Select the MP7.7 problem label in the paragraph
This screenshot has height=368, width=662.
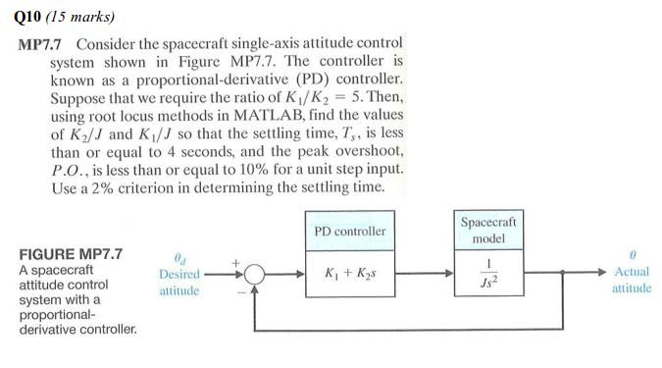[x=42, y=45]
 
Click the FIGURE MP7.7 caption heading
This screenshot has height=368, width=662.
[x=70, y=254]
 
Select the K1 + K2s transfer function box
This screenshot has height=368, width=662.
[x=349, y=273]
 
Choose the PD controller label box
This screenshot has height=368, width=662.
[x=349, y=232]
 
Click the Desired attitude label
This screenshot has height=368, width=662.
[x=178, y=282]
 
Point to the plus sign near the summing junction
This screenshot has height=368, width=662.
[x=236, y=263]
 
